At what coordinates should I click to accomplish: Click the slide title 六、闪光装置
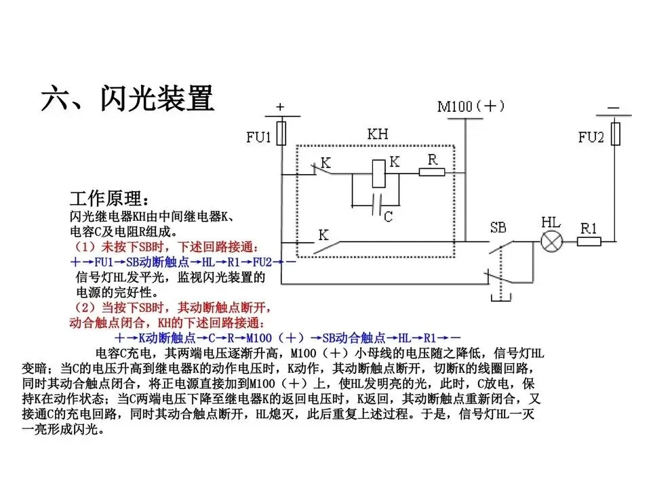click(127, 98)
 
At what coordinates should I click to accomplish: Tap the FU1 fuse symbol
click(282, 133)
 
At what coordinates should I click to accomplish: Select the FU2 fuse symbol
click(615, 134)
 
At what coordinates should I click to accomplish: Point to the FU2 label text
click(591, 138)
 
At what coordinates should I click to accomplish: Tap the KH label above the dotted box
click(378, 134)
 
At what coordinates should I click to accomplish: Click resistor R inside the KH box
click(432, 172)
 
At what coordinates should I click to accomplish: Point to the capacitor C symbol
click(377, 201)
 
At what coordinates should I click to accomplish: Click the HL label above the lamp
click(550, 222)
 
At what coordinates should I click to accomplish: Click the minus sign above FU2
click(614, 107)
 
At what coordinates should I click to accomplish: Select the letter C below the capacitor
click(387, 217)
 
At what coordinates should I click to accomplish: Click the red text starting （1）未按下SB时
click(165, 246)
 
